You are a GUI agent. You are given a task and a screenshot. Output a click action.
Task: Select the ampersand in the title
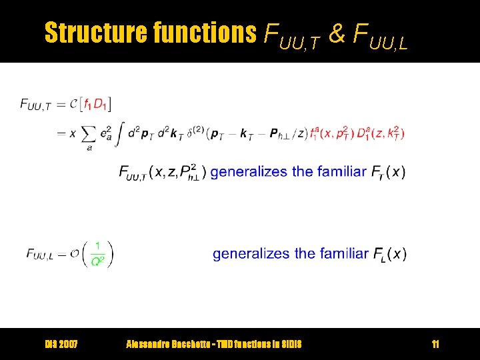click(337, 33)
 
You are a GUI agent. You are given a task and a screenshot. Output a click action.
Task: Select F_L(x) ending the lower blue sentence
click(390, 254)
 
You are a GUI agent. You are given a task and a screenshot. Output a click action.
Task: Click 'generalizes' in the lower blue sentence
click(252, 254)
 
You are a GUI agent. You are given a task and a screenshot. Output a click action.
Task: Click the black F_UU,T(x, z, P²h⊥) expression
click(162, 173)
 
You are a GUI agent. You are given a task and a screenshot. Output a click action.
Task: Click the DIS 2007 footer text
click(61, 344)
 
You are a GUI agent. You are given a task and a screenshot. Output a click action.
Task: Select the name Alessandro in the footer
click(149, 344)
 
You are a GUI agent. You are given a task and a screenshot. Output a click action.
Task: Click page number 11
click(435, 344)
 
